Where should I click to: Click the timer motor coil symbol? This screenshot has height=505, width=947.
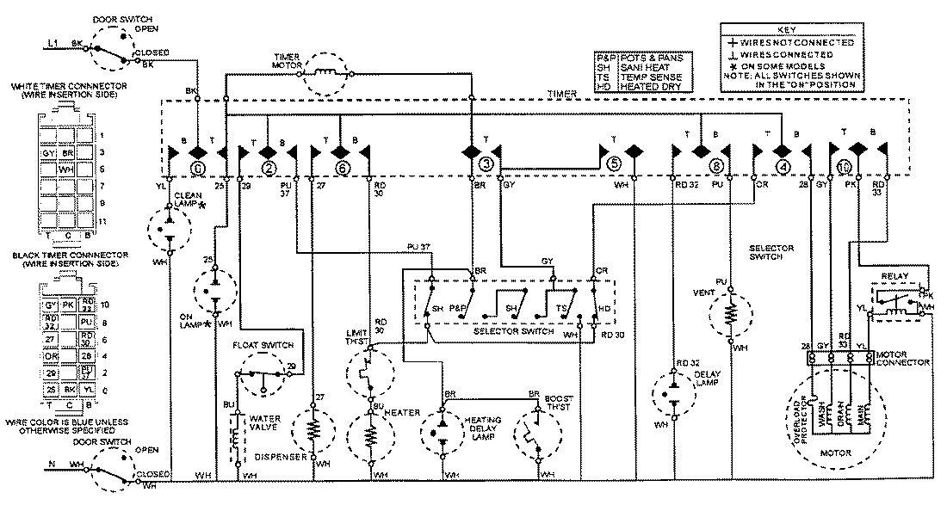(327, 74)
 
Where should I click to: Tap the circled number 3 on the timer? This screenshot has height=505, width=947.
(486, 163)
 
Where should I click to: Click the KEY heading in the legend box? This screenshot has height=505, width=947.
(789, 28)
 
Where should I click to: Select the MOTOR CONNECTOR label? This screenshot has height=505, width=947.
(902, 358)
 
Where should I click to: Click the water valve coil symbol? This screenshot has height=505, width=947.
(233, 437)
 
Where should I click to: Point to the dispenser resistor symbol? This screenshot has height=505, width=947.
(313, 428)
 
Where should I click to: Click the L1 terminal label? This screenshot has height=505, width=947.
(53, 42)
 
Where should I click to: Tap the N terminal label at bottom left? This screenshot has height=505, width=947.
(52, 465)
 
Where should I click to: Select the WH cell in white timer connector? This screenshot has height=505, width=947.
(65, 169)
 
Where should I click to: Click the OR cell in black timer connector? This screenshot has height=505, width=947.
(52, 354)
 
